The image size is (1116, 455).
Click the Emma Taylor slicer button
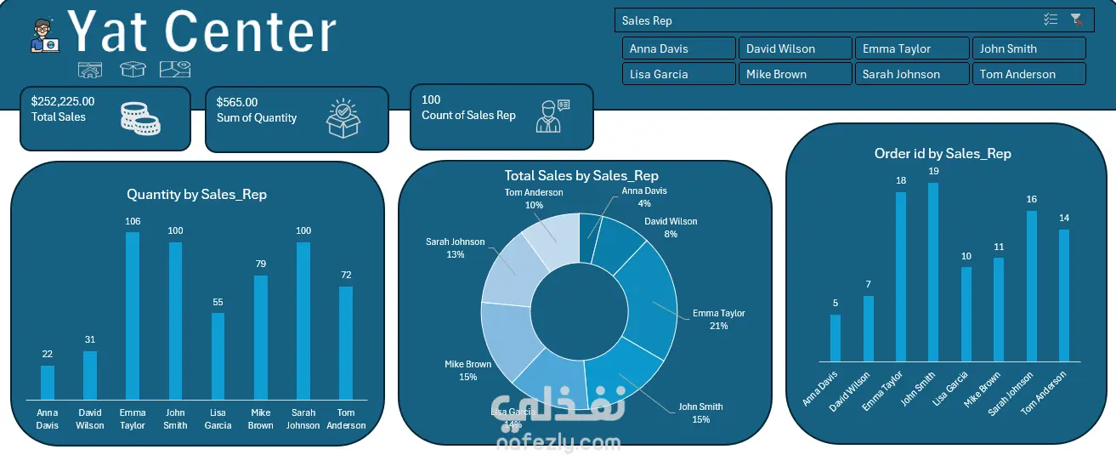pos(911,48)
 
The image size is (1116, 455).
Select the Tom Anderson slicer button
pos(1028,74)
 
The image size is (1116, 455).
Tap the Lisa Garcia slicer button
pos(678,74)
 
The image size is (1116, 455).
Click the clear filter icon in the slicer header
pos(1076,20)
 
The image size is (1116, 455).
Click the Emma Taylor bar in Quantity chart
pos(133,315)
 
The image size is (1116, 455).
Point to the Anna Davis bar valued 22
pos(48,382)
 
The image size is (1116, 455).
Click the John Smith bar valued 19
pos(933,272)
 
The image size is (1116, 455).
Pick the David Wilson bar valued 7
pos(868,328)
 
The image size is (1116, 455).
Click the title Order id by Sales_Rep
pos(943,154)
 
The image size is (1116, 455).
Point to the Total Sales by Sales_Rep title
pos(581,176)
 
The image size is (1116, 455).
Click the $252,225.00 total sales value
pos(63,101)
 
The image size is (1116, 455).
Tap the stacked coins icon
pos(140,119)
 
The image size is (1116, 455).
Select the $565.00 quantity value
pos(237,102)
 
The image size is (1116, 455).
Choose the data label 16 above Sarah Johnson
pos(1031,200)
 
